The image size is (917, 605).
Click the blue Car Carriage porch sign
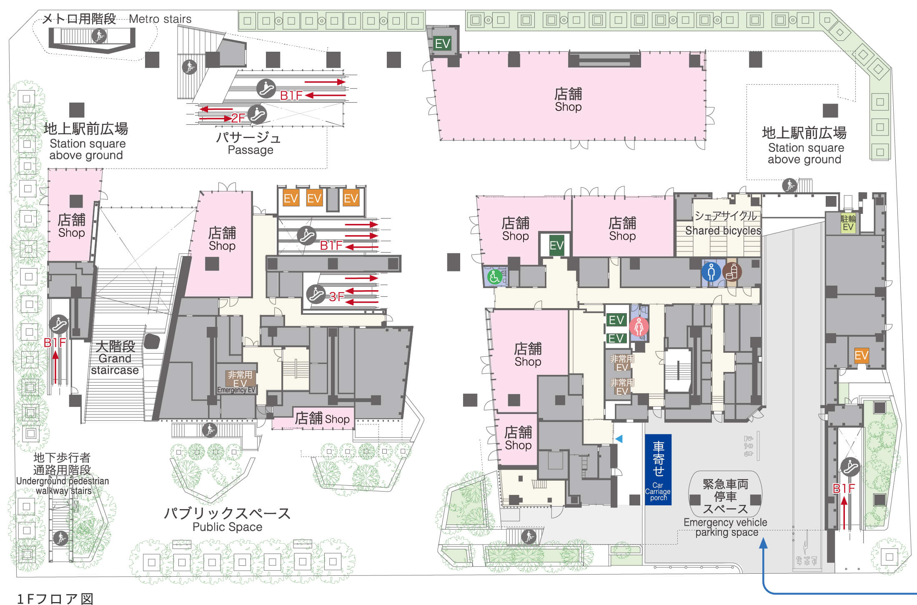[658, 469]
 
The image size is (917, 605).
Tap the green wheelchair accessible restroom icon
[494, 277]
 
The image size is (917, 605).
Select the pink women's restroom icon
[639, 326]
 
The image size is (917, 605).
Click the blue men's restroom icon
[711, 272]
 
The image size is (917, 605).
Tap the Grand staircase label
[115, 358]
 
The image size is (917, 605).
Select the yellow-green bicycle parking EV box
[848, 223]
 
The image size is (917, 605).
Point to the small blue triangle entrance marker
[619, 439]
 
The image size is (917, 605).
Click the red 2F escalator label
[238, 118]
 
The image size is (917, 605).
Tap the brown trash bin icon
[732, 272]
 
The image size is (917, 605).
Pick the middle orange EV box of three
[314, 198]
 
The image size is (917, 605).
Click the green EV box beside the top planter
[442, 43]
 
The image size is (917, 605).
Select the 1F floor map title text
[55, 599]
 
